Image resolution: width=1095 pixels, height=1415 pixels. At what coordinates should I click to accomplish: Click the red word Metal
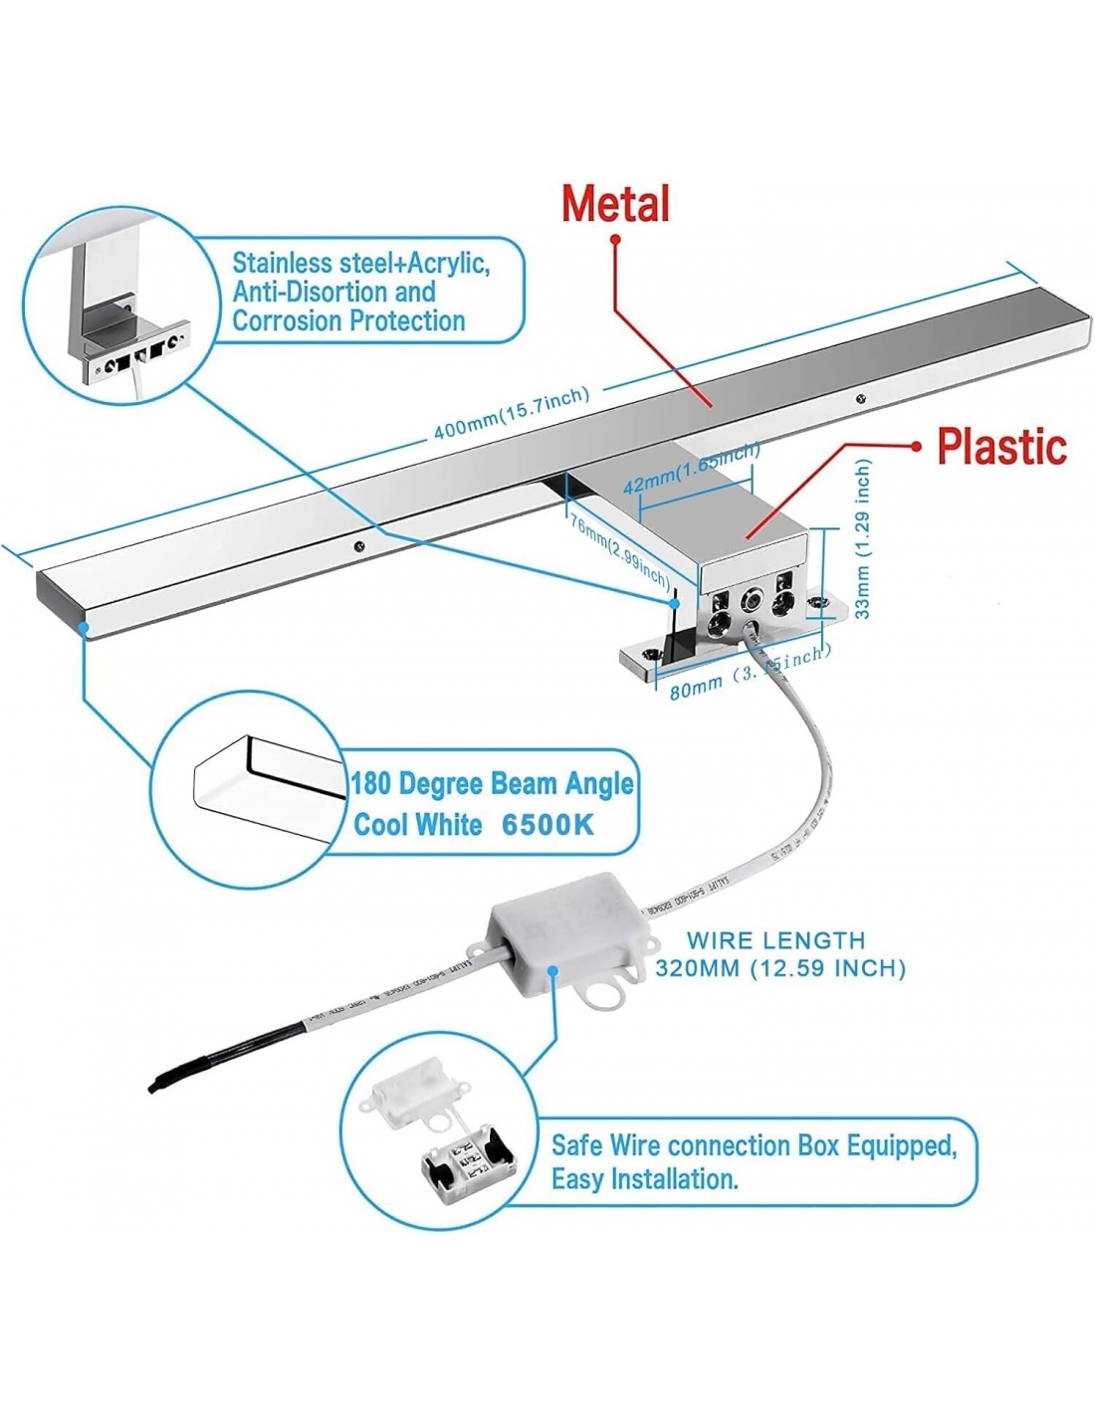[x=615, y=203]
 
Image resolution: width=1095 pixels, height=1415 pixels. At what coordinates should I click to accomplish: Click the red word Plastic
[x=1001, y=446]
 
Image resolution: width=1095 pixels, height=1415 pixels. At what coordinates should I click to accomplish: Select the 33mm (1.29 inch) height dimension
[x=863, y=538]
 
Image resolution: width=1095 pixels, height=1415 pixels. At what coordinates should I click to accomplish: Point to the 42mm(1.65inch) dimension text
[x=691, y=470]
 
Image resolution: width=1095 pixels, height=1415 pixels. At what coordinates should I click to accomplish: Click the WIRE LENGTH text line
[x=776, y=939]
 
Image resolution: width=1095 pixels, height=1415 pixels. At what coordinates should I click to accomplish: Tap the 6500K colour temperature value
[x=547, y=825]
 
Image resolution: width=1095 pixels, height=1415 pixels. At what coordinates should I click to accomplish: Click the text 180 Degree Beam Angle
[x=492, y=784]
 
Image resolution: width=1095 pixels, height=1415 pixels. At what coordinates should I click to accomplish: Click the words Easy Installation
[x=645, y=1180]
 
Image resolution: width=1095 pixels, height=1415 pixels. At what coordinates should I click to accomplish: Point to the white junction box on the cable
[x=563, y=940]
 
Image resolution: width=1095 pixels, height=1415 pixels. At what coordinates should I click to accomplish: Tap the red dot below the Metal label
[x=616, y=240]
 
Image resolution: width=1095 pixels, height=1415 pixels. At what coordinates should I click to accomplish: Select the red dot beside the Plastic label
[x=917, y=447]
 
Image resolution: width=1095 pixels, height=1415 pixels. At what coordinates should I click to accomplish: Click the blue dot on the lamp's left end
[x=86, y=628]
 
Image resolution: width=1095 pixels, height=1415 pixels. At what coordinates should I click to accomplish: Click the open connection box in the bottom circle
[x=468, y=1159]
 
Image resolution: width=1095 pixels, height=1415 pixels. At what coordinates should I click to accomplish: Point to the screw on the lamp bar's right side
[x=861, y=399]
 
